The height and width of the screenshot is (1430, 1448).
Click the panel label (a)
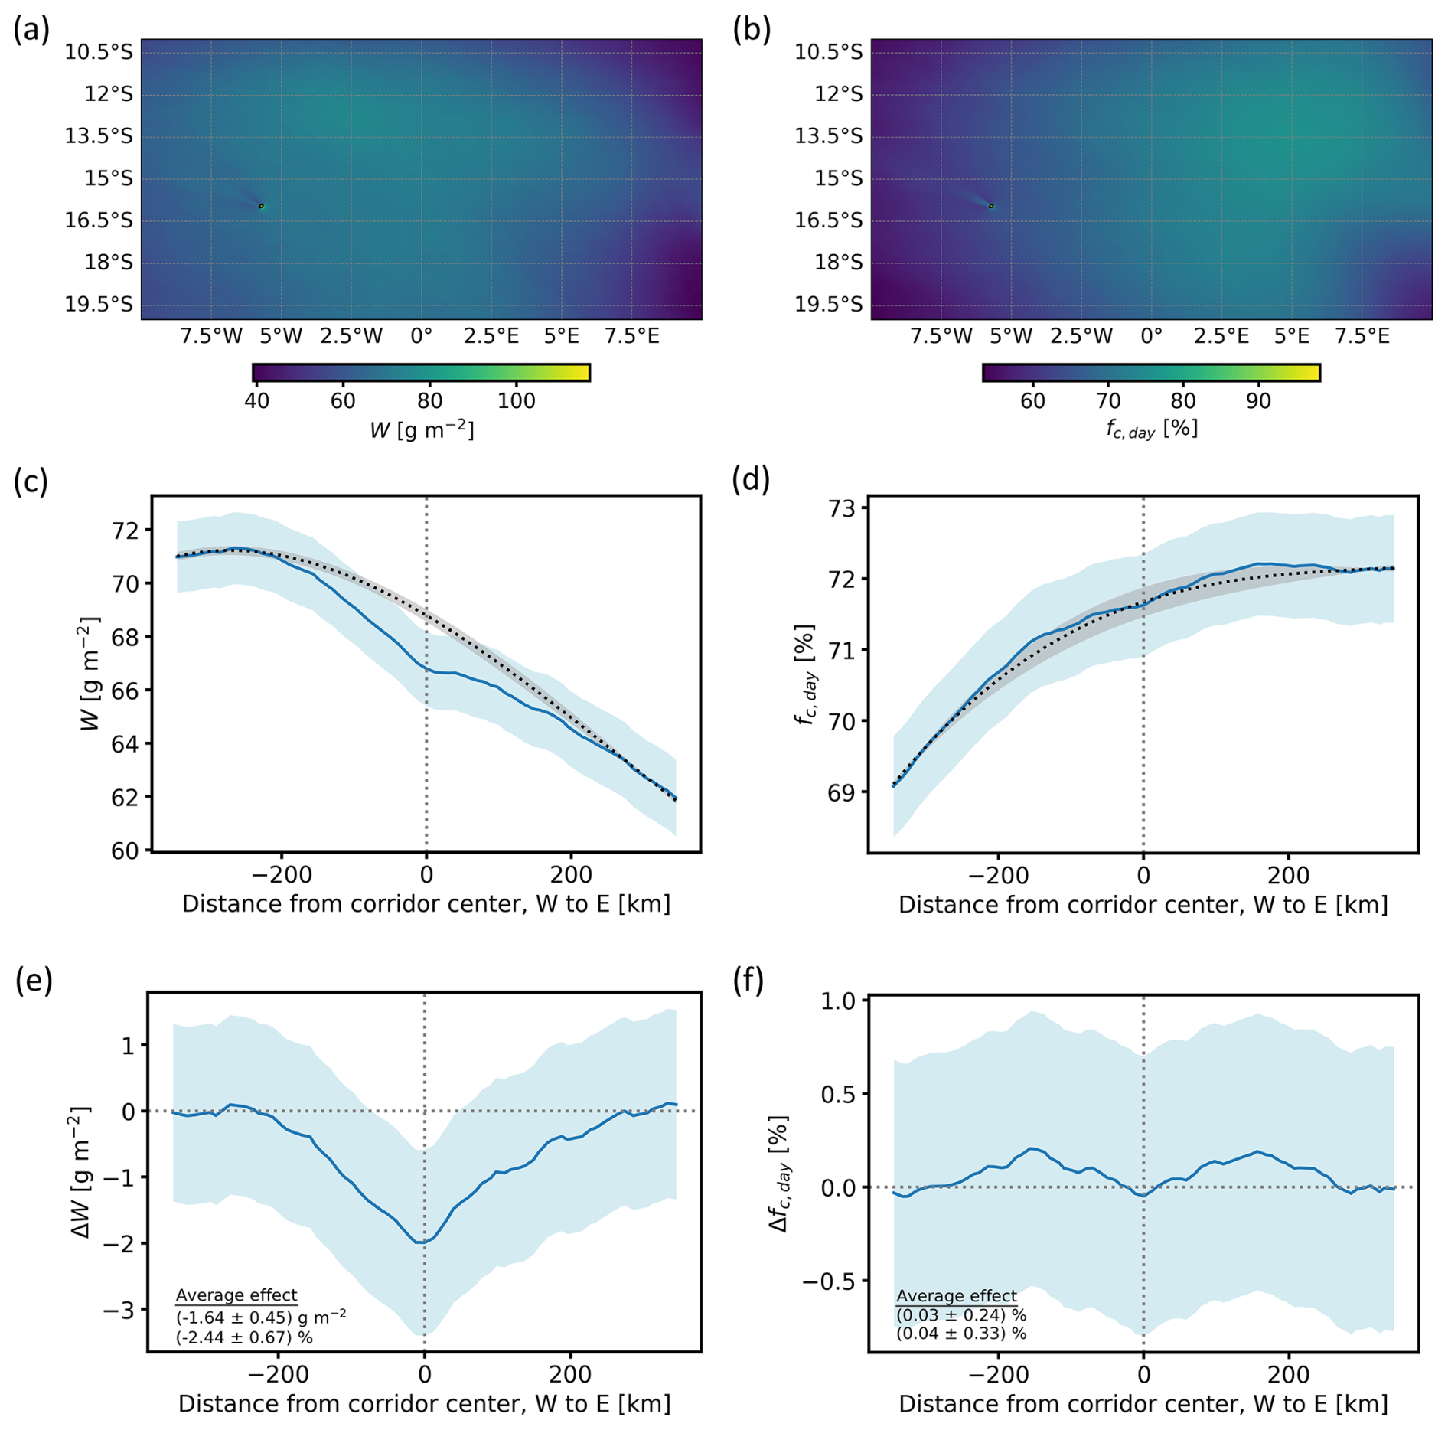click(31, 30)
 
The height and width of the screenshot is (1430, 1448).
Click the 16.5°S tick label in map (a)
click(98, 220)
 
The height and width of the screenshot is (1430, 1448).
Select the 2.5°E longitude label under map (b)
click(1221, 336)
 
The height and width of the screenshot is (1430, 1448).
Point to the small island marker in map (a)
click(261, 206)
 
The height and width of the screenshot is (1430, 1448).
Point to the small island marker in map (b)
click(991, 206)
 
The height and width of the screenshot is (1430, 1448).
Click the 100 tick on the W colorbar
click(516, 401)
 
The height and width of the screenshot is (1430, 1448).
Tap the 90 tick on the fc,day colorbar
click(1258, 401)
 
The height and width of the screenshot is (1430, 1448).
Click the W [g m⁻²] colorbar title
click(422, 430)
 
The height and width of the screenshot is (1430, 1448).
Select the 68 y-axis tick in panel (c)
click(127, 638)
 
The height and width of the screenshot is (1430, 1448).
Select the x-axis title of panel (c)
click(426, 904)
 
